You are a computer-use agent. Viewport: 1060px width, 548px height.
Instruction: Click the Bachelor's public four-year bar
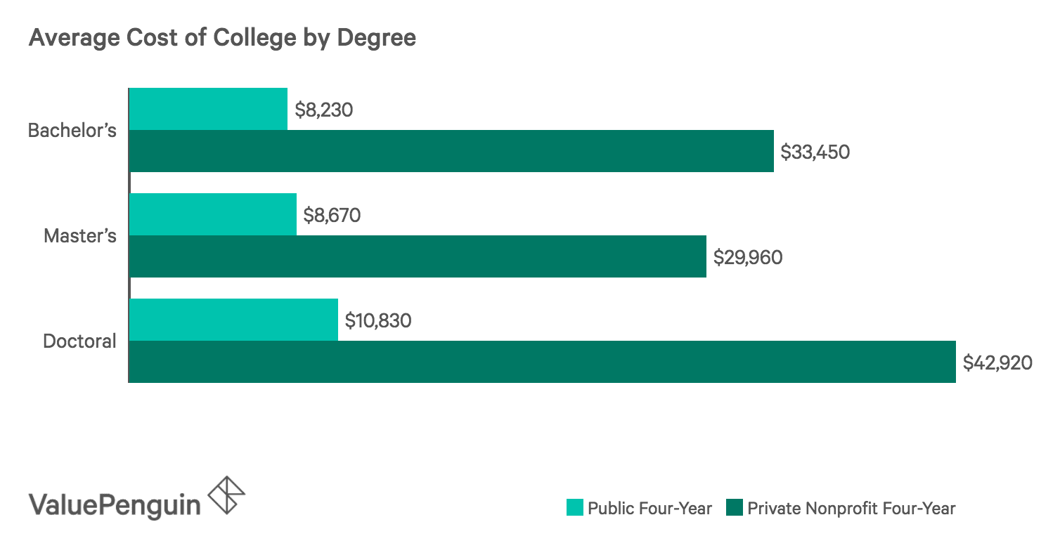[208, 109]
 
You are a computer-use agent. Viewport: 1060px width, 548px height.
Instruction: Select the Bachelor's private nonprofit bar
[451, 151]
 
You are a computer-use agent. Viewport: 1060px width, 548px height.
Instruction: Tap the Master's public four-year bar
[213, 214]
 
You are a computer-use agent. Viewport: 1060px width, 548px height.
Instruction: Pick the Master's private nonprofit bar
[418, 256]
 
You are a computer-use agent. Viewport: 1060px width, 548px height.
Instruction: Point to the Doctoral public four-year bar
[233, 320]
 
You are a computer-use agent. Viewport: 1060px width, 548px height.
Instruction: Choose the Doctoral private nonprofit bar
[542, 362]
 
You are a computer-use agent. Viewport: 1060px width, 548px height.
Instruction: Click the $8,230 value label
[323, 110]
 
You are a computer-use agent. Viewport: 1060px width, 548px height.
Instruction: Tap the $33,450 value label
[815, 152]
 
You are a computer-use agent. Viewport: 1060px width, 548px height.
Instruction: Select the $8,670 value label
[332, 215]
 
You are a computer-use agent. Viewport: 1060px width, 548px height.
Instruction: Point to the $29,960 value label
[747, 257]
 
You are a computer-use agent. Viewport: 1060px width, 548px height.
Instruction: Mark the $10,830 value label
[377, 320]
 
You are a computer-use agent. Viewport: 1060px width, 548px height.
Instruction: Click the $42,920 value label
[997, 363]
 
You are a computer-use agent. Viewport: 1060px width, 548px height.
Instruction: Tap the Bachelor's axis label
[72, 131]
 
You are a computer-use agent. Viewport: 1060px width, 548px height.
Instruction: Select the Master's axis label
[79, 236]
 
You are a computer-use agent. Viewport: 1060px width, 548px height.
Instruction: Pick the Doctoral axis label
[79, 341]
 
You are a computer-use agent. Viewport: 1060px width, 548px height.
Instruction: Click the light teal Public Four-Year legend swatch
[574, 507]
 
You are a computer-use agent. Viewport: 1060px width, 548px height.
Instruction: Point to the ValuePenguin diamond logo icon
[228, 495]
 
